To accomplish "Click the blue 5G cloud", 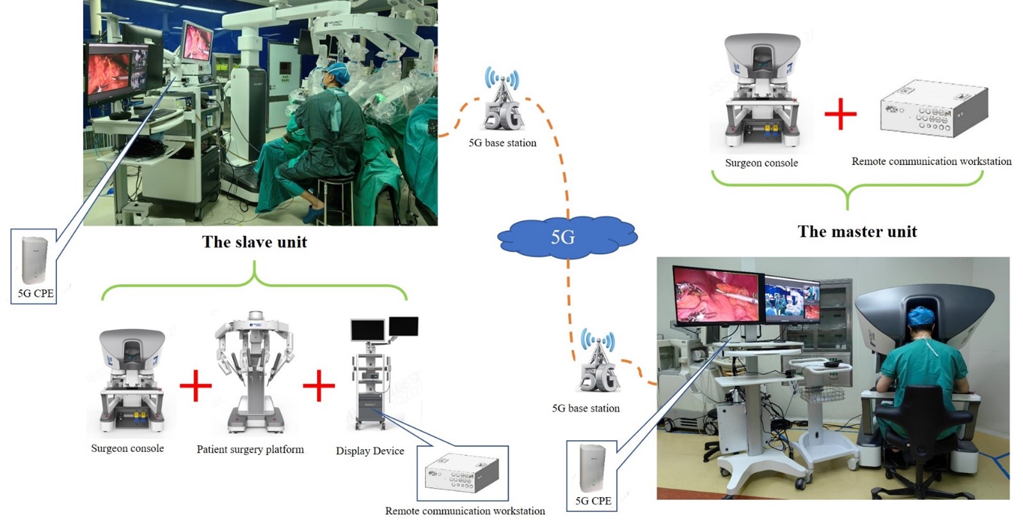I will point(566,237).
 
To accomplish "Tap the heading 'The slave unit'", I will point(255,242).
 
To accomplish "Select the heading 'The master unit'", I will point(857,232).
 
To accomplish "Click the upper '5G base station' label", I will point(502,143).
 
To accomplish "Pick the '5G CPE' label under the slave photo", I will point(36,293).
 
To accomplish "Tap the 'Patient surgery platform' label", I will point(250,449).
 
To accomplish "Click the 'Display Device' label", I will point(370,450).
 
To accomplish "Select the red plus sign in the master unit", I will point(840,114).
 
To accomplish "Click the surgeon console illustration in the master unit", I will point(761,90).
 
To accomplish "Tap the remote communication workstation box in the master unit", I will point(933,109).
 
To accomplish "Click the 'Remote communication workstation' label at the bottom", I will point(464,511).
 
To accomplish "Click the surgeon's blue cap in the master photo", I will point(922,315).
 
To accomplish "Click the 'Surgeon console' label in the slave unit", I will point(127,448).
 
